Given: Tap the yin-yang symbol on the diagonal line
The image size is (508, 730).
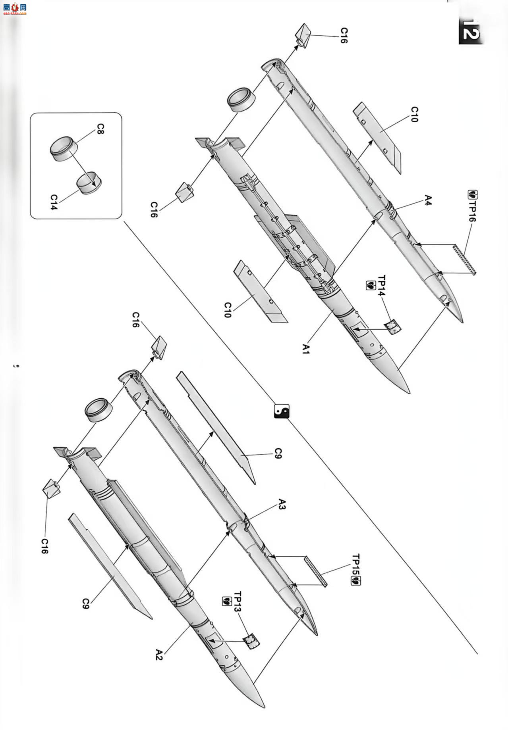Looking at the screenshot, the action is (x=282, y=411).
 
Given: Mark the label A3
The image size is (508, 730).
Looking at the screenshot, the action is (x=281, y=505).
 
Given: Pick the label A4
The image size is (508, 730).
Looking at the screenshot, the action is (x=427, y=200).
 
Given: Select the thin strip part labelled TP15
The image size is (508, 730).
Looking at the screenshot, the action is (x=315, y=571).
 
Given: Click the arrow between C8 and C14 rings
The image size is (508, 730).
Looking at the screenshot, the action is (x=82, y=169).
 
